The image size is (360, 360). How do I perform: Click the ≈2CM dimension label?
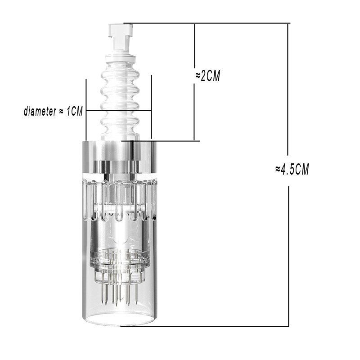pos(207,76)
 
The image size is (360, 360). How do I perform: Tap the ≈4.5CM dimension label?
pos(292,170)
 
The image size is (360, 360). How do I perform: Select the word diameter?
pos(40,111)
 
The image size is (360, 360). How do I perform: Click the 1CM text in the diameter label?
pos(74,111)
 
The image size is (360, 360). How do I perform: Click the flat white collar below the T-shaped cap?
pos(120,58)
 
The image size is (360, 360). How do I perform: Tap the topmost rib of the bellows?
pos(120,73)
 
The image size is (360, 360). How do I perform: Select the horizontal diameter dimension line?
pos(118,111)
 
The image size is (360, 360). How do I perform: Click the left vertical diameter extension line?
pos(86,109)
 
